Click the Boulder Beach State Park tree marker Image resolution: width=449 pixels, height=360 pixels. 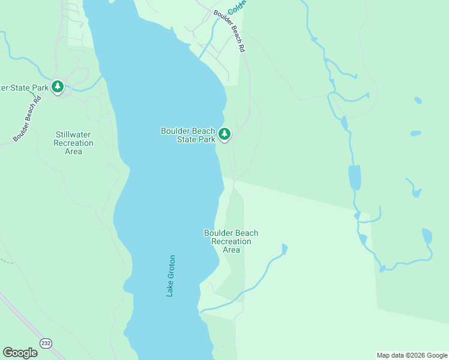point(224,134)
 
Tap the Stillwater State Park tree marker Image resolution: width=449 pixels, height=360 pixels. point(58,87)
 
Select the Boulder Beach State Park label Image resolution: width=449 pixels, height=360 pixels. point(188,135)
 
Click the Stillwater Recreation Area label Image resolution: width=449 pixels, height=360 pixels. point(73,143)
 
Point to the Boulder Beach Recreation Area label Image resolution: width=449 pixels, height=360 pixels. point(231,241)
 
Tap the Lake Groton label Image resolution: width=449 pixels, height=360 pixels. point(171,276)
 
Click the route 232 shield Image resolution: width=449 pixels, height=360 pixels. point(46,342)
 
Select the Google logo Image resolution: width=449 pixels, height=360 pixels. point(20,353)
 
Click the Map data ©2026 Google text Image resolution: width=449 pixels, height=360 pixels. point(412,355)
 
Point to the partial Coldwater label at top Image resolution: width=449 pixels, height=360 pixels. point(238,7)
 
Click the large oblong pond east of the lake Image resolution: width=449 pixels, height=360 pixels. point(354,178)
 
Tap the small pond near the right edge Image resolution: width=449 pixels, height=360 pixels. point(427,235)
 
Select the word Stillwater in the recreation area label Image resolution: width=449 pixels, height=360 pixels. point(73,134)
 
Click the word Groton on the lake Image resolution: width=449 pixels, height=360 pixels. point(171,267)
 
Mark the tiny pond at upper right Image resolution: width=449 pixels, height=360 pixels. point(418,100)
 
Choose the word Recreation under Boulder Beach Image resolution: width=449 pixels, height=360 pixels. point(231,241)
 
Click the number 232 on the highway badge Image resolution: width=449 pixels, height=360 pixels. point(46,342)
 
